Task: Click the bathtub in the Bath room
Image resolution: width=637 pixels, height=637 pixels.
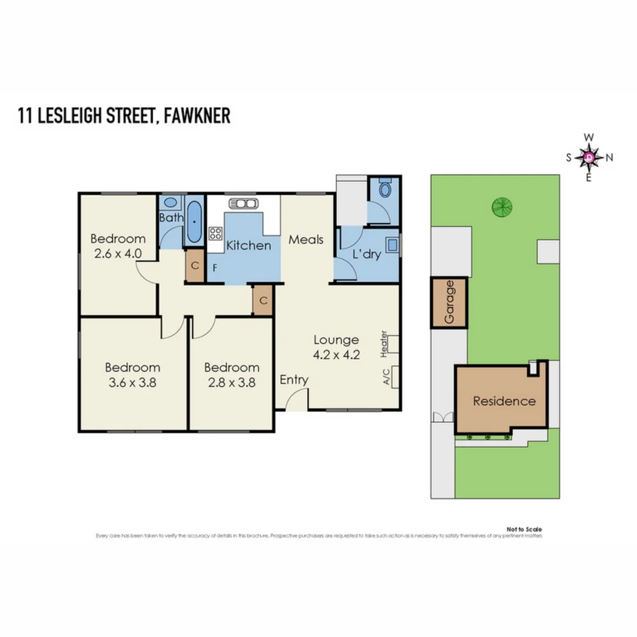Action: tap(194, 222)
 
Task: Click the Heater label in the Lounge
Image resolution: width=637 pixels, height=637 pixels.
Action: tap(384, 343)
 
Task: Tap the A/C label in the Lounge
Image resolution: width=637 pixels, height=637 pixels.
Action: tap(386, 376)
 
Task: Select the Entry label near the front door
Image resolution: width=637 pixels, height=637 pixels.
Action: tap(294, 380)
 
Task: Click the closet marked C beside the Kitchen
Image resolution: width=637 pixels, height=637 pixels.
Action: tap(194, 266)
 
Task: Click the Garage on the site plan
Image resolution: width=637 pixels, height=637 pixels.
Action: tap(449, 302)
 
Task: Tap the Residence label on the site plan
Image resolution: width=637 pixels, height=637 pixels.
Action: tap(504, 402)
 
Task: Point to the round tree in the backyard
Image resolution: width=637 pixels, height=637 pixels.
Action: tap(503, 206)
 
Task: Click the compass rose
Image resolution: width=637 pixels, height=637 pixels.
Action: tap(589, 157)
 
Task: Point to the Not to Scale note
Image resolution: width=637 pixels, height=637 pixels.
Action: tap(524, 530)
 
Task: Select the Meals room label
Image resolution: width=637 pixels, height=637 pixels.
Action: tap(306, 239)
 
